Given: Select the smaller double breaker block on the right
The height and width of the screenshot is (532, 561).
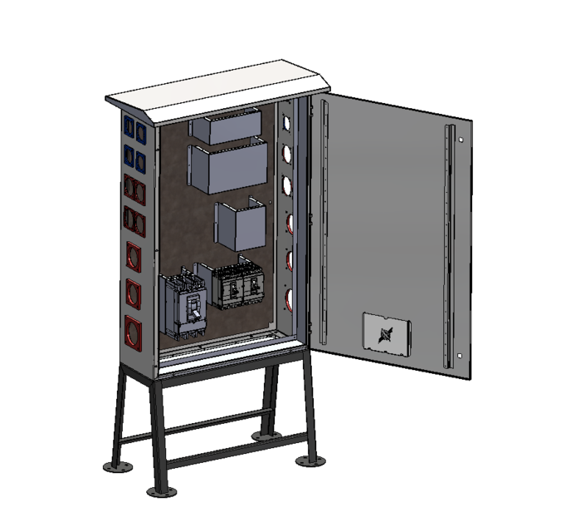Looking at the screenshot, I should pyautogui.click(x=239, y=288).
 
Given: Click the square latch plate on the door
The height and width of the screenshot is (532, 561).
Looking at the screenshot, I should pyautogui.click(x=387, y=335).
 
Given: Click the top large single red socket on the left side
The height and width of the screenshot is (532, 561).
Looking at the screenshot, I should pyautogui.click(x=134, y=257).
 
